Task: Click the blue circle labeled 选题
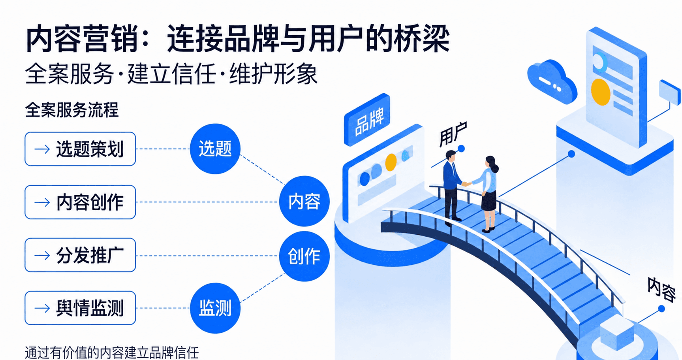click(215, 149)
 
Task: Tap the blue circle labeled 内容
click(304, 201)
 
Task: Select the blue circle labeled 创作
click(304, 256)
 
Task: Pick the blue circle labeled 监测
click(215, 308)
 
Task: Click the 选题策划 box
click(80, 149)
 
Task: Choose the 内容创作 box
click(80, 202)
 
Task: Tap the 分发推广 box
click(80, 255)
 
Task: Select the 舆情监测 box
click(80, 308)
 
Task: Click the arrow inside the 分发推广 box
click(42, 255)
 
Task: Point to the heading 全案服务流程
click(71, 110)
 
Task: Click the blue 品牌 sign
click(367, 119)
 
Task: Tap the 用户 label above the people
click(453, 134)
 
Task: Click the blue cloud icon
click(551, 81)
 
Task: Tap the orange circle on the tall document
click(600, 92)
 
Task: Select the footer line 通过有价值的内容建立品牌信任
click(112, 352)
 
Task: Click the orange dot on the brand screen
click(391, 162)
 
